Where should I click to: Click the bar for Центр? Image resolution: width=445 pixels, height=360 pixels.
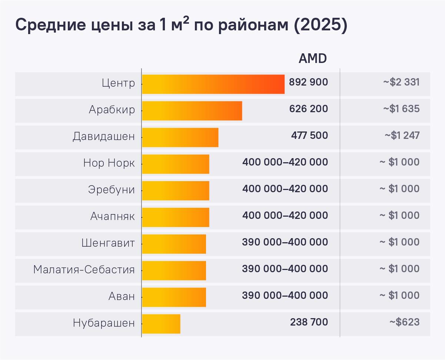point(213,84)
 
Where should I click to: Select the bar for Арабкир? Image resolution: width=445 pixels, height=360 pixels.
point(192,111)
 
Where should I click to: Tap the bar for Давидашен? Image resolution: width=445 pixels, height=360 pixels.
point(180,137)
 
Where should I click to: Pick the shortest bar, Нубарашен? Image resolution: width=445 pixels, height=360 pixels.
point(161,324)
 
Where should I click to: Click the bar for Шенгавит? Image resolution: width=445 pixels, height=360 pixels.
point(174,244)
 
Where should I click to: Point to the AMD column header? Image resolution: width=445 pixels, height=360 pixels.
point(313,59)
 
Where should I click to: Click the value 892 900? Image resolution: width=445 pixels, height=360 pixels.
point(308,82)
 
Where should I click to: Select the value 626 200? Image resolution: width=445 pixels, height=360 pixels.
point(308,109)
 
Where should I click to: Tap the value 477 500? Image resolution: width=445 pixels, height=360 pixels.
point(309,136)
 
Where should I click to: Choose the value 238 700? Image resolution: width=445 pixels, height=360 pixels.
point(309,322)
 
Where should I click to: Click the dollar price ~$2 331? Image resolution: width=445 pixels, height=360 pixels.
point(401,82)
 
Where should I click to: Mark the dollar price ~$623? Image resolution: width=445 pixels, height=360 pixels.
point(404,322)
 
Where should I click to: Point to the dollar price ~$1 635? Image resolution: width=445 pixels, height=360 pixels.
point(401,109)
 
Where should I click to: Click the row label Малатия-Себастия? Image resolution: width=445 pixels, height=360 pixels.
point(84,269)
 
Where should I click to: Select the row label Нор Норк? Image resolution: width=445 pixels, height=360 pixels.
point(109,163)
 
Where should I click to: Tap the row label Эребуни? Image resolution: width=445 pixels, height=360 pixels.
point(111,190)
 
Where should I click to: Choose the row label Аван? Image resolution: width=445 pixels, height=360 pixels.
point(122,296)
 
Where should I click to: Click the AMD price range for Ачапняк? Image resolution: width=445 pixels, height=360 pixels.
point(285,216)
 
